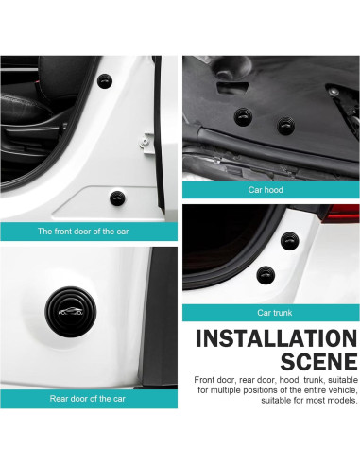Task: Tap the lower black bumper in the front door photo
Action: pos(116,197)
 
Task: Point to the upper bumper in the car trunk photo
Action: pos(288,238)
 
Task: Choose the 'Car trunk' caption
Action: pos(270,312)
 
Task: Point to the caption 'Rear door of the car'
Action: pos(87,398)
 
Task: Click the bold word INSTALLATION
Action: pos(276,338)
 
